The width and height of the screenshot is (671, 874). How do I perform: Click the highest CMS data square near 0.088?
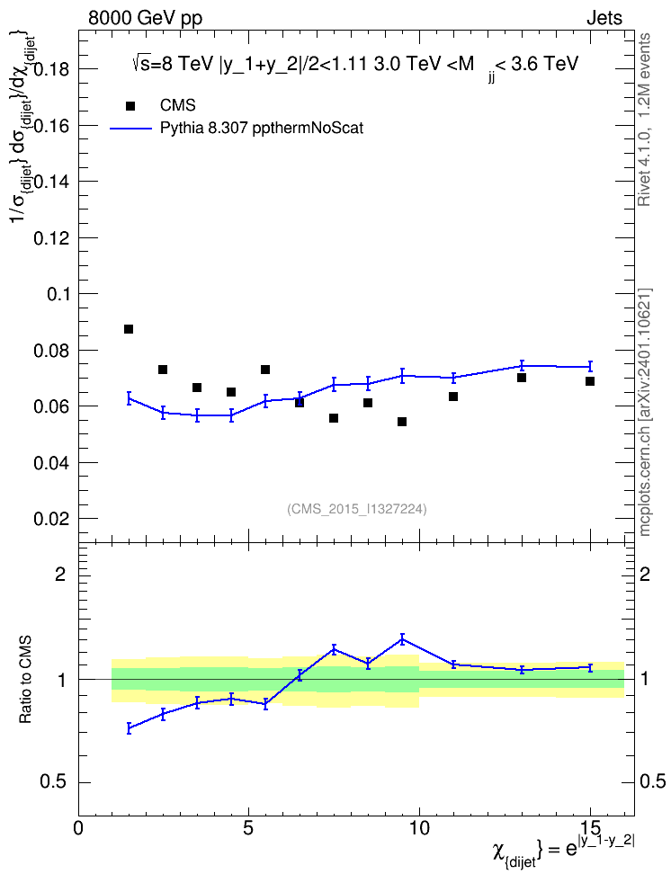point(129,329)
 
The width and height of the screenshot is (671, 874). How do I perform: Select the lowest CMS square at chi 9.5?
point(401,422)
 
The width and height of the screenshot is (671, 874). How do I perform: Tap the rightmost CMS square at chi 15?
point(589,381)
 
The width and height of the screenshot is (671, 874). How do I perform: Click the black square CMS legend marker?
point(130,106)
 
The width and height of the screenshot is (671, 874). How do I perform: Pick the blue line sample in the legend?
point(130,129)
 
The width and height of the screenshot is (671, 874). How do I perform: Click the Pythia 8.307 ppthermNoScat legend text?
point(262,129)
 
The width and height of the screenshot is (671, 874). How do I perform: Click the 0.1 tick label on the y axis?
point(59,294)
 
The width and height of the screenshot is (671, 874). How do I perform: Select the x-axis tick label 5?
point(249,829)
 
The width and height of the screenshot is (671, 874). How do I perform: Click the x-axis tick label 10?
point(419,829)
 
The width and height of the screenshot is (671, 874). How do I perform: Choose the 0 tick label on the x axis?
point(78,829)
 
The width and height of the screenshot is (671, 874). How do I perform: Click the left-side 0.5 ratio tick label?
point(52,782)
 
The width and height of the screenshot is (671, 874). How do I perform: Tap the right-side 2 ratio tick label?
point(645,574)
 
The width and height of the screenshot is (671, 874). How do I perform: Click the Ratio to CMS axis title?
point(25,680)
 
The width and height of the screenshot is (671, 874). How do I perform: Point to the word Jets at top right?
point(604,18)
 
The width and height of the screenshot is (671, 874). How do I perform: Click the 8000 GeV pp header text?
point(145,18)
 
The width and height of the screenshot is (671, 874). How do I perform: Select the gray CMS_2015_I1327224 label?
point(357,508)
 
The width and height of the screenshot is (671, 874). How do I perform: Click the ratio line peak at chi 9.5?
point(401,639)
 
